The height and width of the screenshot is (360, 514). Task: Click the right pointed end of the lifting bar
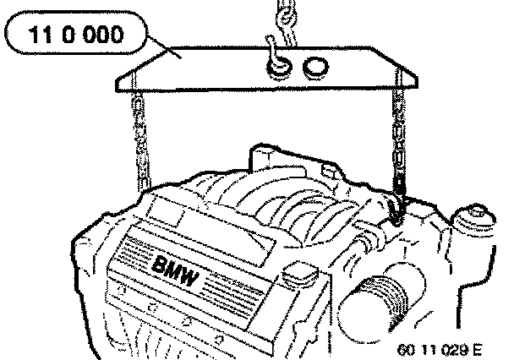coord(416,79)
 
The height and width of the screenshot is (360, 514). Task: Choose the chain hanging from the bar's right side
coord(397,135)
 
